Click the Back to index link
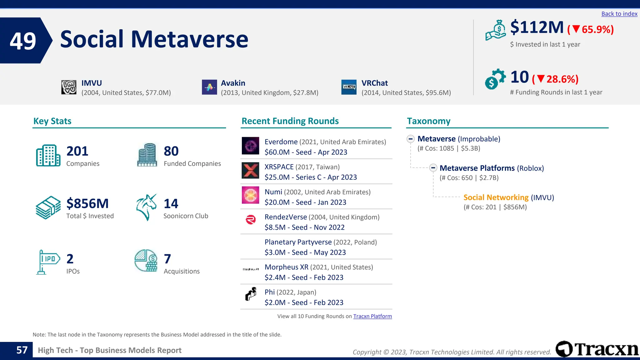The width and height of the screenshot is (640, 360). point(619,14)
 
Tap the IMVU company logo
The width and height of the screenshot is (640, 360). point(69,87)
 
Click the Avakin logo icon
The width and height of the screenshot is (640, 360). point(209,87)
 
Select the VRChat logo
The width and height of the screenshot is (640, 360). point(349,87)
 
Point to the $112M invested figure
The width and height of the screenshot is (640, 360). point(537,27)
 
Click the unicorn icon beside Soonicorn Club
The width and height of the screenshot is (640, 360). point(146,207)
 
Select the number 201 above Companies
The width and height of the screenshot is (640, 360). point(77,151)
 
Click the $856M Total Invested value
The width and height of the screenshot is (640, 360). point(87,203)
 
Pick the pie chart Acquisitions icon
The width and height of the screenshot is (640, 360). point(146,261)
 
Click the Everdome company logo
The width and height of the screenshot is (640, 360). point(250,146)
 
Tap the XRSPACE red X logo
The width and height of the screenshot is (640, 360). point(250,171)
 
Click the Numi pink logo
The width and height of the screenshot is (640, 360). point(250,195)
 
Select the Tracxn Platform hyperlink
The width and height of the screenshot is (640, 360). point(372,316)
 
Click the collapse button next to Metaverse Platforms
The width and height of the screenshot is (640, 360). point(433,168)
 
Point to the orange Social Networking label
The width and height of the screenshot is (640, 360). point(496,197)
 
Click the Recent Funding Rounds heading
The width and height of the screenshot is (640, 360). point(290,121)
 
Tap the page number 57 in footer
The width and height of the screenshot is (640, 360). point(22,350)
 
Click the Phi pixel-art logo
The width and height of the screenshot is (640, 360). point(251,294)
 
